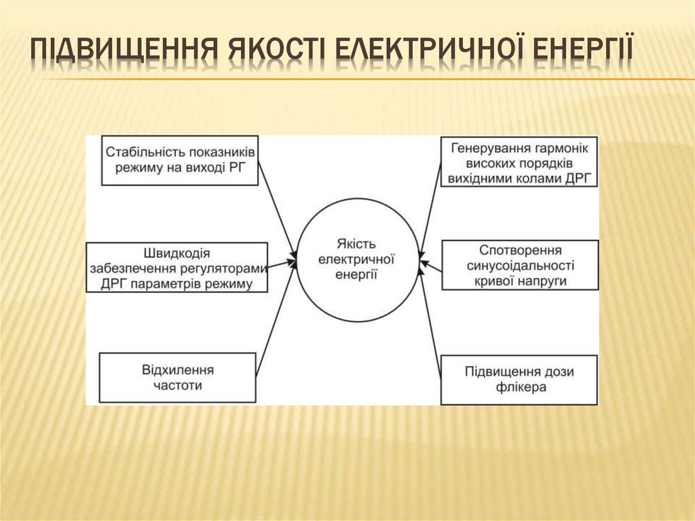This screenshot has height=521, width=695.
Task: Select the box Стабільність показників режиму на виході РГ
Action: [x=180, y=160]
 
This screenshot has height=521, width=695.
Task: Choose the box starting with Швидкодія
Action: [x=177, y=267]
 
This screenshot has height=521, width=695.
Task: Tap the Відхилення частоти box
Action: [x=178, y=378]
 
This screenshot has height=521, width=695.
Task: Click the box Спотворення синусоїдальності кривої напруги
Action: [x=520, y=265]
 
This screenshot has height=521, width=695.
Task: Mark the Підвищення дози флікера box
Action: [x=519, y=380]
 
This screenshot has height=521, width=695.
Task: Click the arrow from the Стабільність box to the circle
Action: [x=277, y=207]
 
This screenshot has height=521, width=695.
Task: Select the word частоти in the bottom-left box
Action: [x=178, y=386]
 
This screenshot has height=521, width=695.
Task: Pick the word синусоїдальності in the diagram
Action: [x=521, y=266]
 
